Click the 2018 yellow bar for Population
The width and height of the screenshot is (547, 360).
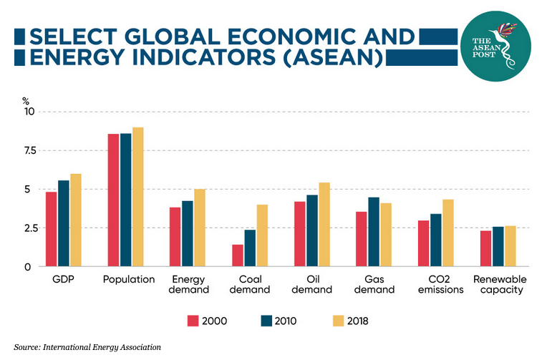click(x=138, y=197)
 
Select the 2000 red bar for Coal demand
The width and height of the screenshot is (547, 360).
click(x=238, y=256)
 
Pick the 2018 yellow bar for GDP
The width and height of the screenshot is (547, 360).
click(x=76, y=220)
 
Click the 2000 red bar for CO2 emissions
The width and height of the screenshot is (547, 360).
click(x=424, y=243)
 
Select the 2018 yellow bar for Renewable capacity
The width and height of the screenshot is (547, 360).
click(x=510, y=246)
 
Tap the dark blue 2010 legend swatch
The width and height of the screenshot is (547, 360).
click(x=267, y=320)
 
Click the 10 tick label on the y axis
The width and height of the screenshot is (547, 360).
click(x=29, y=112)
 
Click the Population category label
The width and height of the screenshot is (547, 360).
click(x=129, y=279)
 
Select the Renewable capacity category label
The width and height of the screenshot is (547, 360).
click(x=499, y=284)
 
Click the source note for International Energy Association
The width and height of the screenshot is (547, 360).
click(x=87, y=347)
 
